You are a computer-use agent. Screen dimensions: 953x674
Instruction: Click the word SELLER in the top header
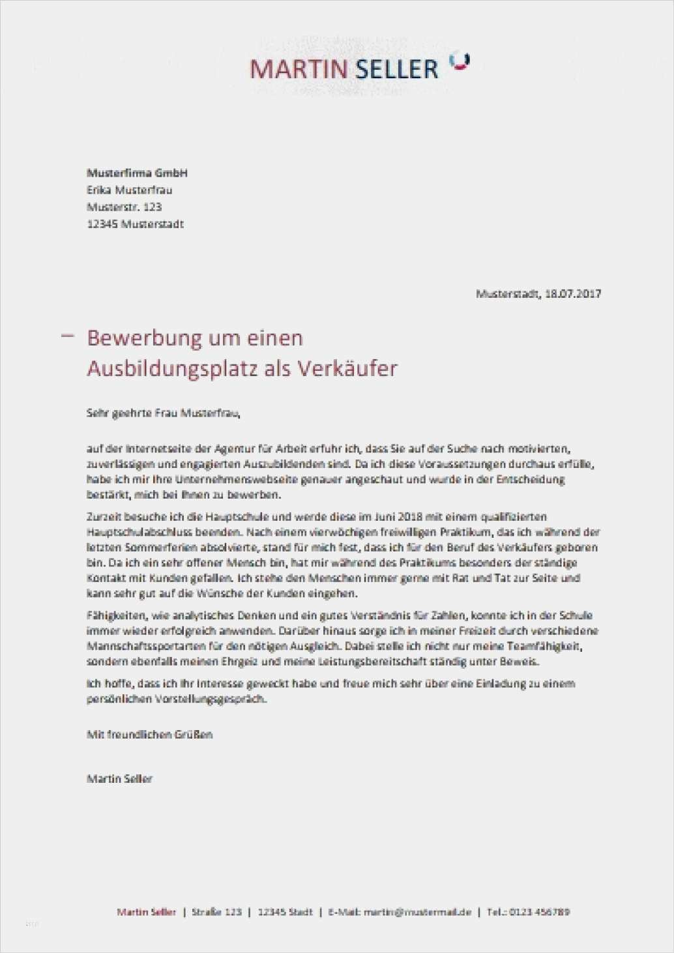(395, 69)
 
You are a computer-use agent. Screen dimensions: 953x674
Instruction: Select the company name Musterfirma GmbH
(137, 173)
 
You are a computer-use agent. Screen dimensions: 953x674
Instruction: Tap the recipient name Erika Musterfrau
(129, 190)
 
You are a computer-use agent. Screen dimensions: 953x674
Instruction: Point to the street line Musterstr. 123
(124, 207)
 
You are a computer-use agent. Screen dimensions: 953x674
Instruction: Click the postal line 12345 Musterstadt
(135, 224)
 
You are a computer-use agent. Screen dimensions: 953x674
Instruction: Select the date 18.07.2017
(573, 293)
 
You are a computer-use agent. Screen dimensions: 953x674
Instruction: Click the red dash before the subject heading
(68, 336)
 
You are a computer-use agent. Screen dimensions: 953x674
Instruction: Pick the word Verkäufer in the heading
(347, 368)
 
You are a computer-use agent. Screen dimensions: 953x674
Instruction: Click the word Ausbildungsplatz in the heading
(171, 369)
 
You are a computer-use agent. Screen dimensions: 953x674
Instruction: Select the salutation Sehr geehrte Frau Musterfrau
(163, 413)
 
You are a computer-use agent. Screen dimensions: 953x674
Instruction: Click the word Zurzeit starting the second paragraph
(102, 517)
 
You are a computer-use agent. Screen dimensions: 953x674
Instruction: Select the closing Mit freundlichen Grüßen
(149, 734)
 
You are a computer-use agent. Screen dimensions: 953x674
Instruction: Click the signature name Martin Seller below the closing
(119, 778)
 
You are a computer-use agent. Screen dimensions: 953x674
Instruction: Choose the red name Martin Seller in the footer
(146, 912)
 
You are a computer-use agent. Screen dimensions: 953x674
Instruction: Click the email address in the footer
(417, 912)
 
